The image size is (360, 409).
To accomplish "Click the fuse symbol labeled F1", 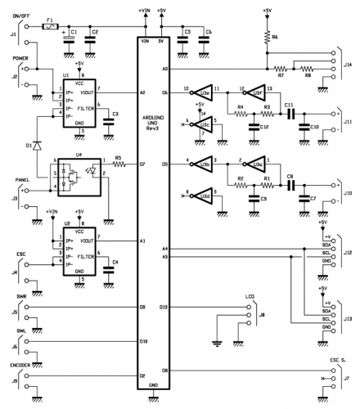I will (x=51, y=27).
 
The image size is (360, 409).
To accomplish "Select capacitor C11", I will (x=289, y=113).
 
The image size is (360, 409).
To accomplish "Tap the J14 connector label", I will (x=349, y=64).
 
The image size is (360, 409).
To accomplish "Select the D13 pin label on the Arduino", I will (x=164, y=307).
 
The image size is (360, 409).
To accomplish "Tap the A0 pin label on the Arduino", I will (x=165, y=70).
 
